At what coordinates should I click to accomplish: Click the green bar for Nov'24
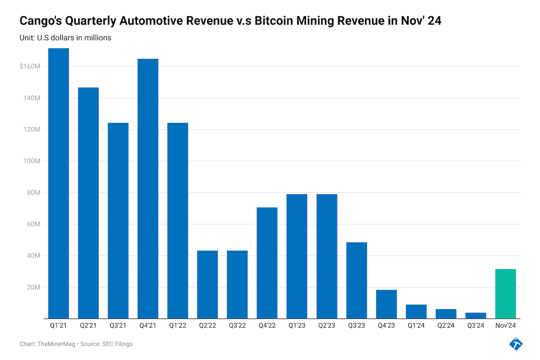tap(505, 294)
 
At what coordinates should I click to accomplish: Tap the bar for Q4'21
tap(148, 189)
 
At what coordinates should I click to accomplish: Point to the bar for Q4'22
tap(267, 263)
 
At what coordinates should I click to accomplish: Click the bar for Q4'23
tap(386, 304)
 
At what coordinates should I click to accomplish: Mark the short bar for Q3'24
tap(476, 315)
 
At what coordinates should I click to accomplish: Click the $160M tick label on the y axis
tap(31, 67)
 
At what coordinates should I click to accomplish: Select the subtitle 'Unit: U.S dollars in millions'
tap(65, 38)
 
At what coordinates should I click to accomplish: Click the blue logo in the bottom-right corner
tap(516, 344)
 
